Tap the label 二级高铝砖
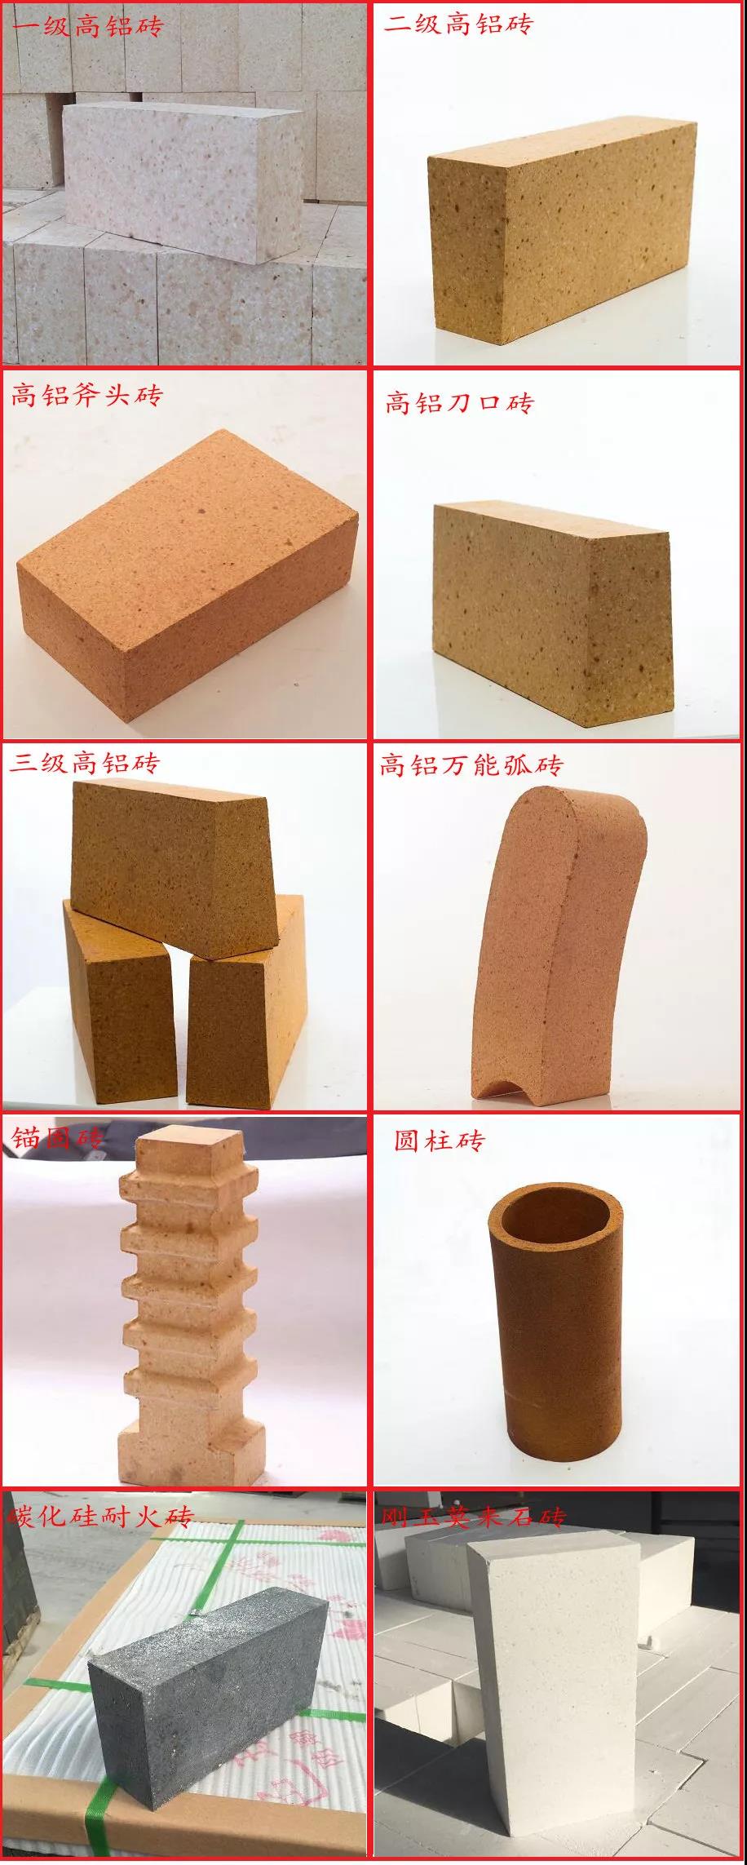(x=458, y=24)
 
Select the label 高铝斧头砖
(x=86, y=396)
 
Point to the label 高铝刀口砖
(x=459, y=403)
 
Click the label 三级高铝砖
(x=85, y=764)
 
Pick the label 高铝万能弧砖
(x=471, y=766)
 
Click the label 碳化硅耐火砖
(x=100, y=1517)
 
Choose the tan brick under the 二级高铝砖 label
(x=563, y=228)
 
